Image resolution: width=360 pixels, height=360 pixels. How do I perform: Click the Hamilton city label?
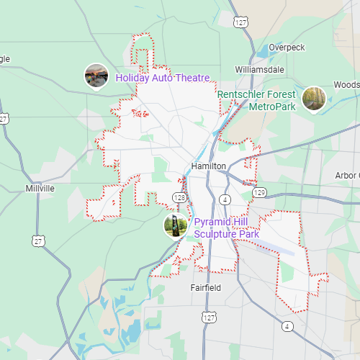[209, 166]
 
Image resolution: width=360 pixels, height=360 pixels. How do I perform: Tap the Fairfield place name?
[206, 288]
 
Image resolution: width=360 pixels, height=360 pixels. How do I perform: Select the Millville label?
[40, 188]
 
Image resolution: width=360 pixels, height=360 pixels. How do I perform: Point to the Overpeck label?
[287, 48]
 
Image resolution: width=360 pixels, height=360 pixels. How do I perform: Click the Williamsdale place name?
[259, 69]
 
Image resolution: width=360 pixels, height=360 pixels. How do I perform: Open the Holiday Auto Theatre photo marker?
[96, 76]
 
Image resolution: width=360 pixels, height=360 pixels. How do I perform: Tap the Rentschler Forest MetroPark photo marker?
[313, 99]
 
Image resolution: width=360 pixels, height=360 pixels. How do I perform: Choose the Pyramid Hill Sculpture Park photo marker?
[176, 226]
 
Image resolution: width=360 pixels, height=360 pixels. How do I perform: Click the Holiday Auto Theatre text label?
[163, 78]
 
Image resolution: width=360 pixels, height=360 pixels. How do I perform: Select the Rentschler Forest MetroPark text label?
[257, 101]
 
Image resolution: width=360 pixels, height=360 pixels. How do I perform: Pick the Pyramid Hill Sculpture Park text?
[226, 228]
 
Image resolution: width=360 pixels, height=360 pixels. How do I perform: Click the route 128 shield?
[180, 197]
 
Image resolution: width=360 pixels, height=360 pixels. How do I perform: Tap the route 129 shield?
[259, 192]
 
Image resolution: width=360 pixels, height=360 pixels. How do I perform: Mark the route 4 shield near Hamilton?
[225, 199]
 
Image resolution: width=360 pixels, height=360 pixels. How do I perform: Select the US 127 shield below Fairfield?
[209, 317]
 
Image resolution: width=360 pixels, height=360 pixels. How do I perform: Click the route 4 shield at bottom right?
[288, 326]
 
